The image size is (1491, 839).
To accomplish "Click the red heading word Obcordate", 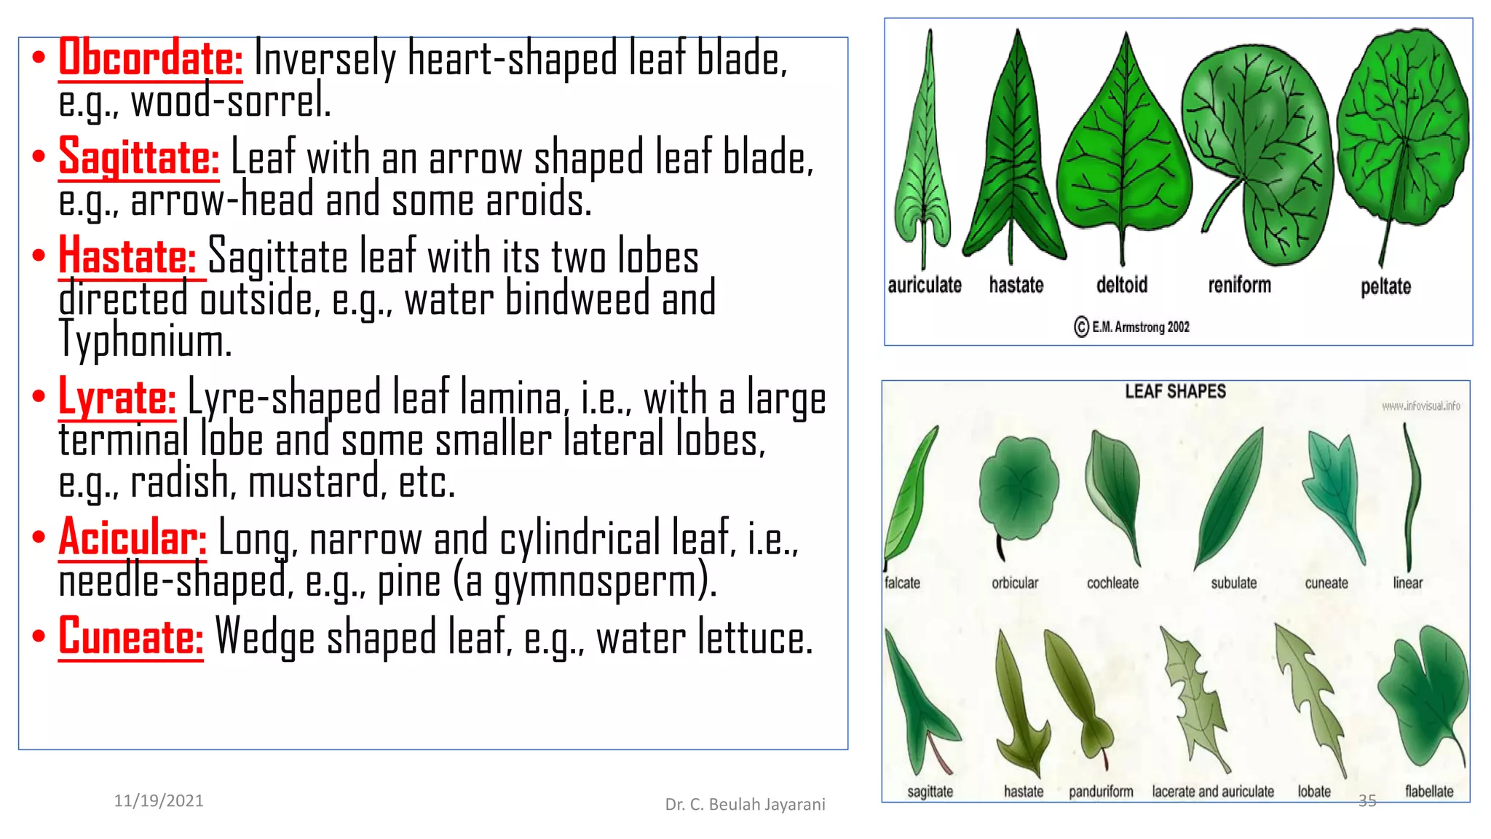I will [x=150, y=58].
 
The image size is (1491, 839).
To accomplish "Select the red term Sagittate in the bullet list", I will [x=138, y=157].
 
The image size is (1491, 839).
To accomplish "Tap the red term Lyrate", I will [x=116, y=398].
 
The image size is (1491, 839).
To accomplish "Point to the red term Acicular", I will [x=132, y=538].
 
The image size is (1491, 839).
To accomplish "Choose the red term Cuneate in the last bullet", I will [x=130, y=637].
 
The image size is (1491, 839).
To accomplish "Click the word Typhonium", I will [x=145, y=339].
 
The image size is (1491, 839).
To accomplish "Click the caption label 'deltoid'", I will [x=1122, y=285].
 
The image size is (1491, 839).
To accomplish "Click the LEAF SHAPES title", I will [x=1175, y=392].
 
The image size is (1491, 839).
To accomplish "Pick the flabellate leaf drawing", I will [x=1424, y=692].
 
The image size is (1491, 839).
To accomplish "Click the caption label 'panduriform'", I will [x=1101, y=792].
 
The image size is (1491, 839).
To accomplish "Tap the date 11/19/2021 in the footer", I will [x=159, y=801].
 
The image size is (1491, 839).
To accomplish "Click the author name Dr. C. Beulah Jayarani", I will [x=745, y=804].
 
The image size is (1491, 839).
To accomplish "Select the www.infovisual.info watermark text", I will [x=1420, y=406].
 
